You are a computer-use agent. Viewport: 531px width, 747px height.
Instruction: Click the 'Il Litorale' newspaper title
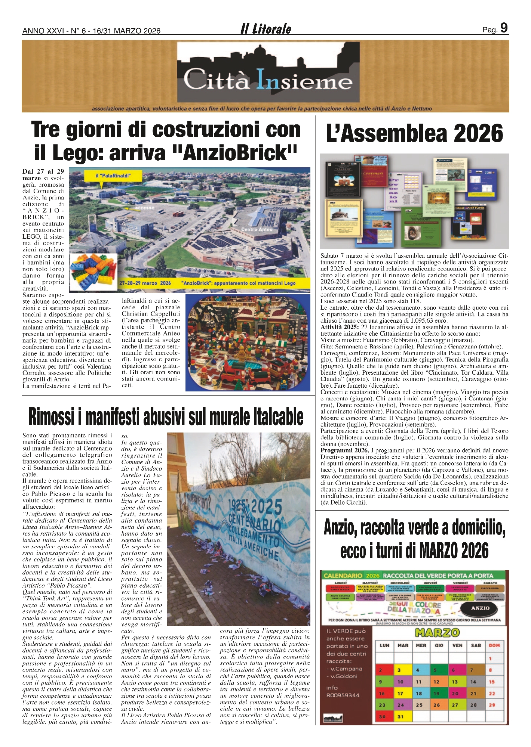coord(266,29)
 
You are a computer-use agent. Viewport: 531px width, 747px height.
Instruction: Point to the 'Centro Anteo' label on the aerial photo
coord(257,229)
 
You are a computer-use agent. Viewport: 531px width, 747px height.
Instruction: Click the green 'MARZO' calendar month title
coord(437,632)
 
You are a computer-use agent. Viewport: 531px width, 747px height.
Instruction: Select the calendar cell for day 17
coord(400,694)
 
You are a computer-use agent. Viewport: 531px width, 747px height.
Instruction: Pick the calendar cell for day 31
coord(400,717)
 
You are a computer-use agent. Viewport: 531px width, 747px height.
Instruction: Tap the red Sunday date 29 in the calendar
coord(492,705)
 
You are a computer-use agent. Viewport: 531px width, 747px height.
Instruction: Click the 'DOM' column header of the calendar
coord(494,645)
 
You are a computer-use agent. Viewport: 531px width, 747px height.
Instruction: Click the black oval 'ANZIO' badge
coord(480,608)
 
